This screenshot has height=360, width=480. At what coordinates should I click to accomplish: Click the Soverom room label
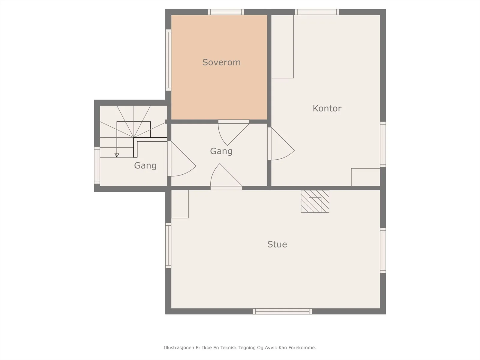point(221,62)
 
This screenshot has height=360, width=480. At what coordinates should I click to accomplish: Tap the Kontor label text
point(327,108)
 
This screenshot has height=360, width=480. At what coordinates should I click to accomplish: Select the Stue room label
point(277,244)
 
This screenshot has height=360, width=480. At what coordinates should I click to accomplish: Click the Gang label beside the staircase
point(145,166)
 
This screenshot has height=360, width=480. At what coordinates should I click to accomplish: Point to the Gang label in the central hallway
point(221,151)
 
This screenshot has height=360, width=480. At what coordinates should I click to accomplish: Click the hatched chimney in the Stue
point(315,201)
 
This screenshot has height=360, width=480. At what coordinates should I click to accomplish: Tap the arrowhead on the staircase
point(117,155)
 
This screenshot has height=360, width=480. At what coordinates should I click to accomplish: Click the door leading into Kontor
point(281,144)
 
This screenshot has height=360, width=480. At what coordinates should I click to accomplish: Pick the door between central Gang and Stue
point(226,177)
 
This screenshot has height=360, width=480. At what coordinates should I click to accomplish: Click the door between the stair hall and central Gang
point(181,159)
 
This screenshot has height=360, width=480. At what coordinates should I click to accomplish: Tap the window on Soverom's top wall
point(226,12)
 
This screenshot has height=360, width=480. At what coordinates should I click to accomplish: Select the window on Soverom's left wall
point(168,60)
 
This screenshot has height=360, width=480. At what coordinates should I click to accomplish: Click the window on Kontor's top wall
point(317,12)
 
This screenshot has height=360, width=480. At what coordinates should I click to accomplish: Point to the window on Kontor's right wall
point(383,144)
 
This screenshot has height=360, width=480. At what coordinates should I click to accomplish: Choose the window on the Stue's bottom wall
point(282,311)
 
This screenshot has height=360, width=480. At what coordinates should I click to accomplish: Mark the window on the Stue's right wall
point(383,250)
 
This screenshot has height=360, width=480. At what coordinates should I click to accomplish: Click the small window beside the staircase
point(97,165)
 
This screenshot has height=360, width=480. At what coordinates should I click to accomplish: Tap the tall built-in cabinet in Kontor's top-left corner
point(282,46)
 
